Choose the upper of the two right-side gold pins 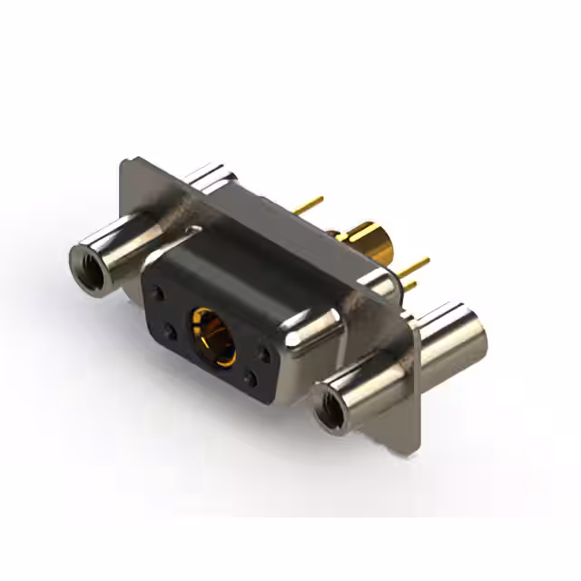point(416,265)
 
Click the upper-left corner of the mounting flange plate point(126,162)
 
